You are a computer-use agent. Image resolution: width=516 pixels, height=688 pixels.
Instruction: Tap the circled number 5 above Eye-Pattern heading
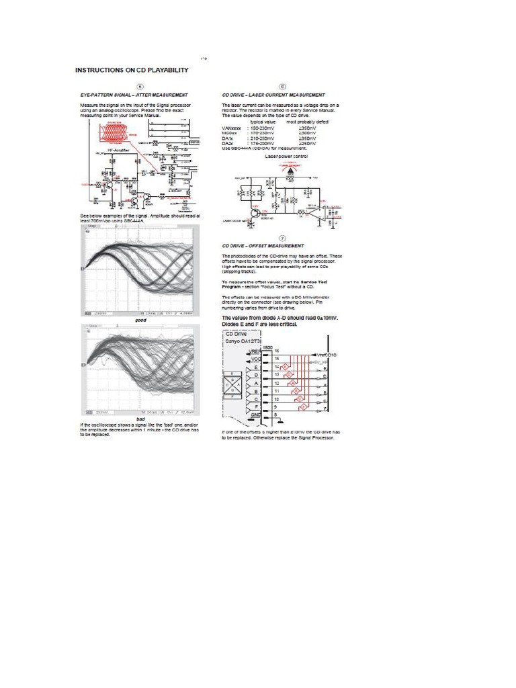click(x=139, y=87)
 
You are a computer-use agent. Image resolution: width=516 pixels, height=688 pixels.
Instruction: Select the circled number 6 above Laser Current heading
click(x=282, y=87)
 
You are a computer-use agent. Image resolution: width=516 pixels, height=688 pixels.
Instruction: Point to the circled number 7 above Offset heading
click(x=282, y=238)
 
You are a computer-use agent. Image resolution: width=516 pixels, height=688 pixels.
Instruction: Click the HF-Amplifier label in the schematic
click(x=118, y=150)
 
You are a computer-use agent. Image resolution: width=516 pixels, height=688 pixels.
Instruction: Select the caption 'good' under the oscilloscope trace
click(x=140, y=320)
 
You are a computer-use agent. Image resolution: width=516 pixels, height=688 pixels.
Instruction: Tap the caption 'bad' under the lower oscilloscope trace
click(x=140, y=419)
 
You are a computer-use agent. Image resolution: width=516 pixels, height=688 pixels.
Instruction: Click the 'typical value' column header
click(x=263, y=122)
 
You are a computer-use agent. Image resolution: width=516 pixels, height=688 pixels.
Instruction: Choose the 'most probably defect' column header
click(x=308, y=122)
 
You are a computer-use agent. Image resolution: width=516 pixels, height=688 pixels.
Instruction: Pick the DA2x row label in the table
click(x=228, y=143)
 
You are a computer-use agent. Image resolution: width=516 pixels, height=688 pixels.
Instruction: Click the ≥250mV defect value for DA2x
click(x=307, y=143)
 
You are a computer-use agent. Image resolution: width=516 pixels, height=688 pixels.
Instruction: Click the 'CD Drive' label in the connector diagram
click(x=236, y=334)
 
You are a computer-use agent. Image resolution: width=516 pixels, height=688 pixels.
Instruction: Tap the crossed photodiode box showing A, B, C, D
click(x=233, y=388)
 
